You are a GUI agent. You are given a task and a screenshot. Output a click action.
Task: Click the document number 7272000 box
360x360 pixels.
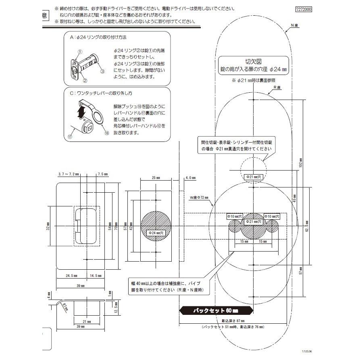coord(304,8)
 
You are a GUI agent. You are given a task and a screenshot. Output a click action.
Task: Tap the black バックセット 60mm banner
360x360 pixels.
coord(216,311)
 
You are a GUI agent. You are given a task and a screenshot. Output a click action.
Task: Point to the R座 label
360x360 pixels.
coord(277,87)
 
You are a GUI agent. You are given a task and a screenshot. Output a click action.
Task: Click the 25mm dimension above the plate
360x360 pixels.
coord(156,177)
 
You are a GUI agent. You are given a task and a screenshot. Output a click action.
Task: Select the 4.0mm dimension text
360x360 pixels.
coord(190,177)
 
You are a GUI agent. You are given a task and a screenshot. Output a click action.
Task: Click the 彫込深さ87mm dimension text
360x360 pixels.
coord(231,320)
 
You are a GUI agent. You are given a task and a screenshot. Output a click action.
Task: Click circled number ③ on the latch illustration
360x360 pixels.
coord(102,71)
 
